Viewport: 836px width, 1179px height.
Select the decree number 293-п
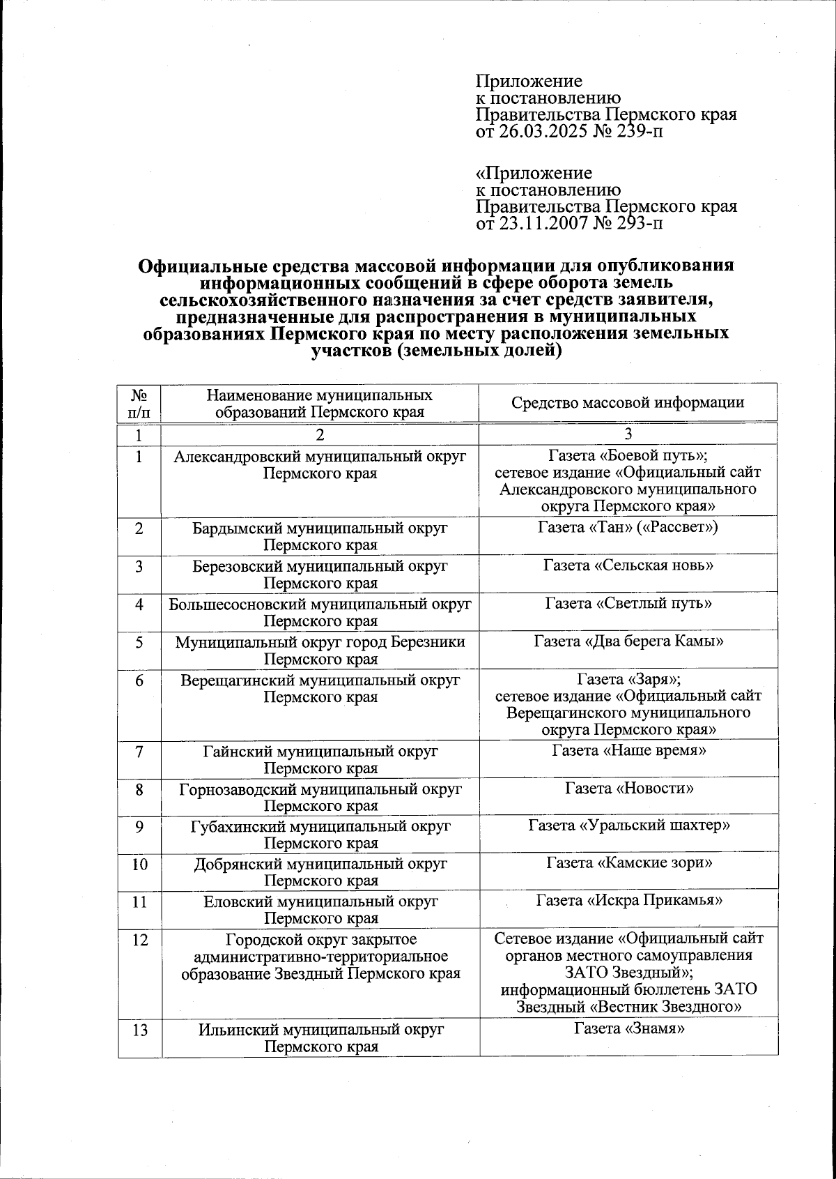click(638, 224)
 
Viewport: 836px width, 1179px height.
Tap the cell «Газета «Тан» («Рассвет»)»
click(628, 527)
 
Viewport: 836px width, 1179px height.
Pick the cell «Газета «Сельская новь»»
click(628, 565)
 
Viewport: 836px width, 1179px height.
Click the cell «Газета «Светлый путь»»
click(628, 603)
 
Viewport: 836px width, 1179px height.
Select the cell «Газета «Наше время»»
click(628, 751)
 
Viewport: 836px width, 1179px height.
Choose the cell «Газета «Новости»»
click(628, 789)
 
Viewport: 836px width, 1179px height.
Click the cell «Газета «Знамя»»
click(628, 1028)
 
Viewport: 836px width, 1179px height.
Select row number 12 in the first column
click(140, 941)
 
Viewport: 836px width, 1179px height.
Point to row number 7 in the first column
click(140, 752)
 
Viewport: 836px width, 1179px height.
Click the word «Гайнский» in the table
click(238, 752)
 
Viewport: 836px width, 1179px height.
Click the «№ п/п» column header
click(139, 403)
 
